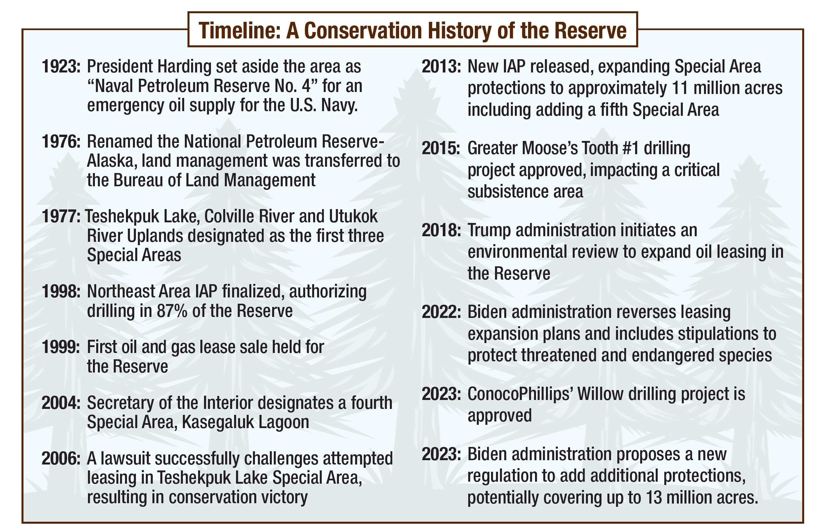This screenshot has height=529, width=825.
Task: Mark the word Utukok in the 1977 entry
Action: coord(353,217)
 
